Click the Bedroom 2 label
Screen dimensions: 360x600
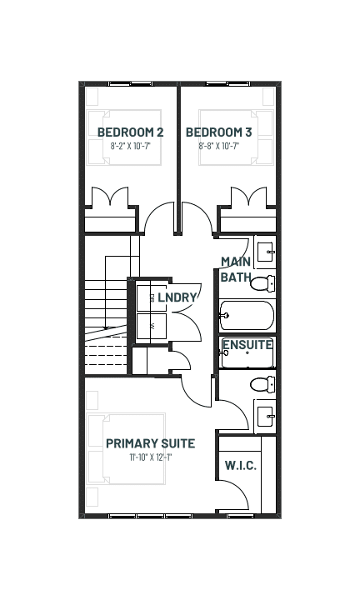tap(131, 132)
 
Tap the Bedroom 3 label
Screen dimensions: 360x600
tap(219, 132)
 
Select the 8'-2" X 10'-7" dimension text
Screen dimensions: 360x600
tap(131, 146)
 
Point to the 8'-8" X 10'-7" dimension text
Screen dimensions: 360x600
tap(219, 146)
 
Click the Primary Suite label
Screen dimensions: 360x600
tap(150, 443)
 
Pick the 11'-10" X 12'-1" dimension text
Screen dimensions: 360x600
tap(151, 457)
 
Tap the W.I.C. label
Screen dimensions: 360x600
tap(241, 466)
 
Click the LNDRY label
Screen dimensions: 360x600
tap(177, 297)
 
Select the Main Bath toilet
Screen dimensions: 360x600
tap(262, 283)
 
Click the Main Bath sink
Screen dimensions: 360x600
tap(266, 252)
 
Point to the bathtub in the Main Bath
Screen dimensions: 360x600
tap(247, 316)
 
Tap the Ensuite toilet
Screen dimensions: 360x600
tap(262, 384)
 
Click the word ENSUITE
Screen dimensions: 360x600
tap(247, 345)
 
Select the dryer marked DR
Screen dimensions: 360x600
tap(152, 297)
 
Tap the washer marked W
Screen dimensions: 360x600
tap(152, 327)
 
